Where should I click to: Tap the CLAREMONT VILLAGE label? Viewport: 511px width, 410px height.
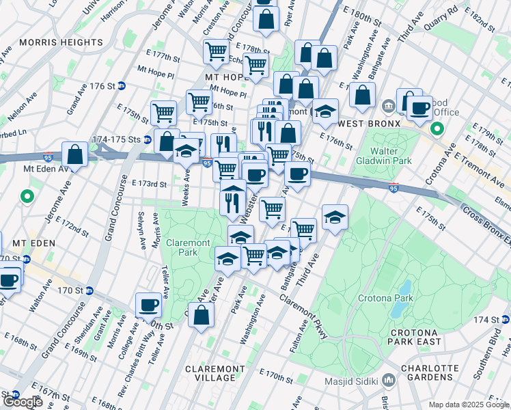tap(215, 372)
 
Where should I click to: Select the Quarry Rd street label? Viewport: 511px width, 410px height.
tap(443, 12)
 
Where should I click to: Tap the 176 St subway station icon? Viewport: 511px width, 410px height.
tap(122, 86)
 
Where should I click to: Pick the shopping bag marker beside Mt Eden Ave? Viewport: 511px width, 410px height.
tap(75, 154)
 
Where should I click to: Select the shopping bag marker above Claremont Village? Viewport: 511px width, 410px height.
tap(202, 315)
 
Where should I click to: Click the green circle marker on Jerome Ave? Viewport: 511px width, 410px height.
tap(27, 197)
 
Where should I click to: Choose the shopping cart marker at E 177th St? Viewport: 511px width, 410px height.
tap(217, 51)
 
